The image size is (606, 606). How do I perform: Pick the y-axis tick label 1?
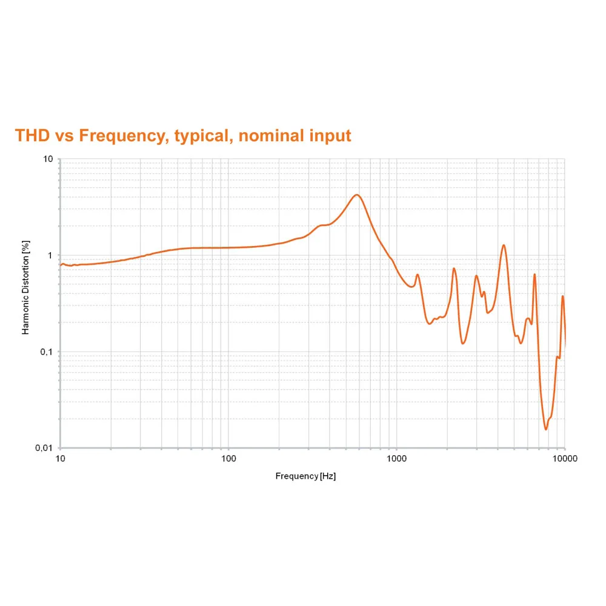coord(51,255)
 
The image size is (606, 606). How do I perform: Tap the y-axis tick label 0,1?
coord(47,351)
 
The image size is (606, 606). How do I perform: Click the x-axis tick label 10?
coord(60,459)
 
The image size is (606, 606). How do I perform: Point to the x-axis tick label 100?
coord(228,459)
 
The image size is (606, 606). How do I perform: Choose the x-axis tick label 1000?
coord(396,459)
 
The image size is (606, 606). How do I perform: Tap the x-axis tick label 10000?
coord(564,459)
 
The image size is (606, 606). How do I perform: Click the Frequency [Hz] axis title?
coord(305,476)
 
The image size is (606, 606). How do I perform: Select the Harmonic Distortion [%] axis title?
coord(25,287)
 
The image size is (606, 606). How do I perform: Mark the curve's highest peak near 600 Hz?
coord(357,195)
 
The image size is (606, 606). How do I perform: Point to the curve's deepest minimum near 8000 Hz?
coord(545,429)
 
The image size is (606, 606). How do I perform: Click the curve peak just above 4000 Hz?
coord(504,245)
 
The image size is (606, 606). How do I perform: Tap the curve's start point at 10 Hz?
coord(61,265)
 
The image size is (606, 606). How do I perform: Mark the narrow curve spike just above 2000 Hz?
coord(454,268)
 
